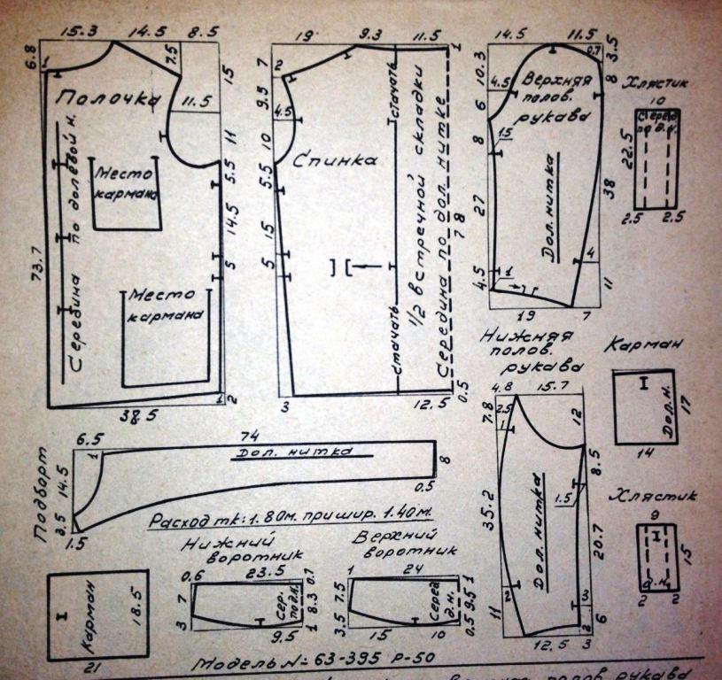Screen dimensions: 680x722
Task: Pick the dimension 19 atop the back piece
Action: tap(306, 37)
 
